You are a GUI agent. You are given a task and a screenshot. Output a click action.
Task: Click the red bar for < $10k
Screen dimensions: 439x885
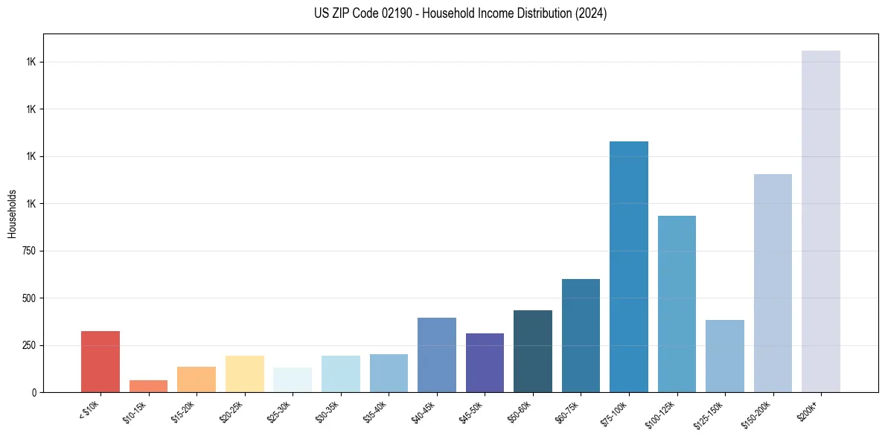point(100,362)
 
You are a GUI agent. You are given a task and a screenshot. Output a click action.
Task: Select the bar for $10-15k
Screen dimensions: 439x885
point(148,386)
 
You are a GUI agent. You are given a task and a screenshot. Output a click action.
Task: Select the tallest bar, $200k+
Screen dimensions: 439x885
point(820,221)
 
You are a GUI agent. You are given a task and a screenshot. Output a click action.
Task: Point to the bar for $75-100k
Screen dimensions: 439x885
point(628,266)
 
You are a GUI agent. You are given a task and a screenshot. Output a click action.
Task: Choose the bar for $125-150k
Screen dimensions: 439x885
point(724,356)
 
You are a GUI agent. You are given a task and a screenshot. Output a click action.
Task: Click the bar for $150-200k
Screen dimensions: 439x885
point(773,283)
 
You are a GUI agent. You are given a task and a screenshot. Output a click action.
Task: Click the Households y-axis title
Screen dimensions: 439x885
point(12,213)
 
